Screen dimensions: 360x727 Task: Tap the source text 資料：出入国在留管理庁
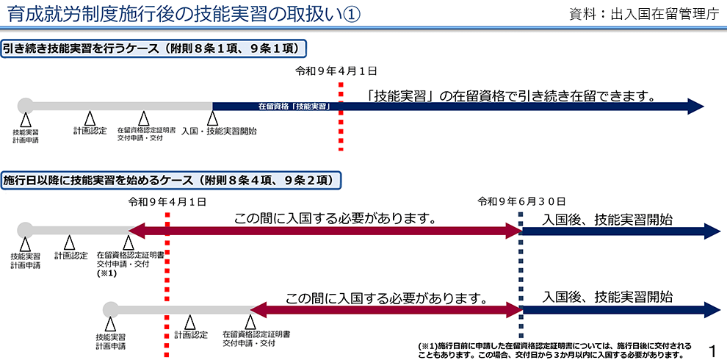(x=643, y=15)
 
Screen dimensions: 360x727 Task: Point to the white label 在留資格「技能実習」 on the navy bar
(x=292, y=107)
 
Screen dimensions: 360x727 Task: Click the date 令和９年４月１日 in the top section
(x=336, y=71)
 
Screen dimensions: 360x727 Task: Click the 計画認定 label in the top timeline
(x=90, y=131)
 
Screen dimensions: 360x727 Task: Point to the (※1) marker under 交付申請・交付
(x=107, y=273)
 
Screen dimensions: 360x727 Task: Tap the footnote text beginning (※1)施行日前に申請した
(x=554, y=349)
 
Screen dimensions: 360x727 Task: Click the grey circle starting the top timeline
(x=25, y=106)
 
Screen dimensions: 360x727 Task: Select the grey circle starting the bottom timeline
(x=110, y=309)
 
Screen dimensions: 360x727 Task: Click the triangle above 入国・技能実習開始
(x=212, y=118)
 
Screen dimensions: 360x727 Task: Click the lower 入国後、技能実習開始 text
(x=607, y=297)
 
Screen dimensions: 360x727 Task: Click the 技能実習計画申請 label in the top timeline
(x=26, y=136)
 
